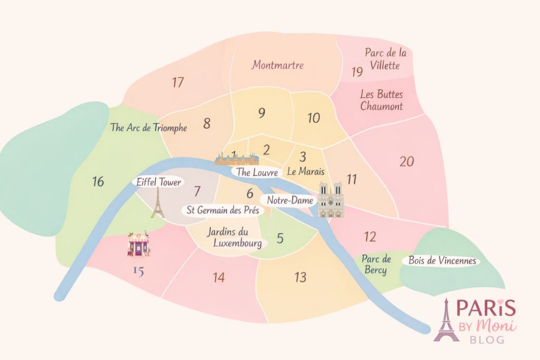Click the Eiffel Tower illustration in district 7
(x=157, y=204)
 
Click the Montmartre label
(x=277, y=65)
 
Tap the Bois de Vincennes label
(x=442, y=261)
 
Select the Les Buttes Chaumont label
(x=381, y=100)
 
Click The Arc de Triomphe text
(x=149, y=128)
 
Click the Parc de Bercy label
(x=375, y=265)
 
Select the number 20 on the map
(x=407, y=162)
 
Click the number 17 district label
(x=178, y=82)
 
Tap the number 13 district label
(x=300, y=277)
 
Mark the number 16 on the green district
(x=98, y=182)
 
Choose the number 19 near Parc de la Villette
(x=357, y=72)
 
